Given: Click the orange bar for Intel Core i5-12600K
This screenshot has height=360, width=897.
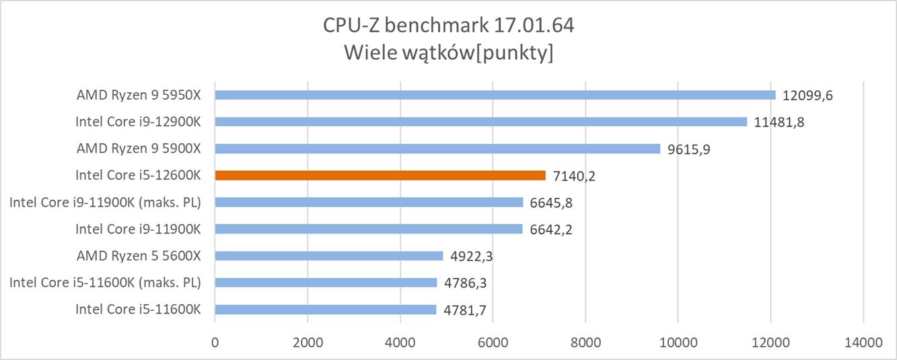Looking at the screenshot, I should coord(380,176).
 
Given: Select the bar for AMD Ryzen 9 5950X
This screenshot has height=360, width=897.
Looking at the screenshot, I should coord(495,95).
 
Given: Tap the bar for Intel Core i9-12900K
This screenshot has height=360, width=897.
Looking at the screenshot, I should coord(480,122).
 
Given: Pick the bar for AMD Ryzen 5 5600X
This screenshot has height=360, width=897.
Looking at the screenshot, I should coord(329,256).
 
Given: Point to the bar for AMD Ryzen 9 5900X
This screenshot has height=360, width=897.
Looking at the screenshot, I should coord(437,149).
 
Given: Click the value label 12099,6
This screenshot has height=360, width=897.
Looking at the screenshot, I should coord(808,96).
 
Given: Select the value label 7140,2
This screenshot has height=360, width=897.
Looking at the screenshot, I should coord(574,176).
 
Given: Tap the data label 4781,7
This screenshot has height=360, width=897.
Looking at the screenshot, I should coord(465,310).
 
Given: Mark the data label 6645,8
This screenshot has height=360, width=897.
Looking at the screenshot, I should coord(551,203).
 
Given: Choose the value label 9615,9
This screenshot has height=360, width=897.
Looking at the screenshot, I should coord(688,149).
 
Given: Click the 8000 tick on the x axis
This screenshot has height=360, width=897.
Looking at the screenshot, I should coord(585,342).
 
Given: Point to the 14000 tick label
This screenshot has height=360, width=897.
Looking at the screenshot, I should coord(863,342).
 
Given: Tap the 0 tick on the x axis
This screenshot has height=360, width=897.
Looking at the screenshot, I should coord(215,342).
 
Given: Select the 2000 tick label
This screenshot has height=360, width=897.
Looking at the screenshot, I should coord(308,342).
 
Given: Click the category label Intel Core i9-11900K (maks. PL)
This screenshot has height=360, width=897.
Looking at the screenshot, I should coord(105,203).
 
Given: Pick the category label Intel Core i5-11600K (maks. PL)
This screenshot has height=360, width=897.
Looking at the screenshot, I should coord(105,283).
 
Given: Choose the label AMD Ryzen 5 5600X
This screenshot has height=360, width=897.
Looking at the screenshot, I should coord(139,256).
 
